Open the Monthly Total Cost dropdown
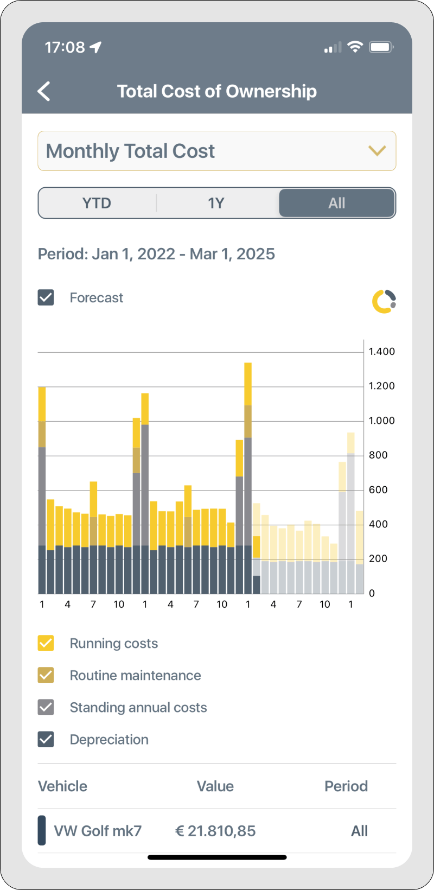(217, 151)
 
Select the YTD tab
(97, 203)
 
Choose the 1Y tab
(216, 203)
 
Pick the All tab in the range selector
(336, 203)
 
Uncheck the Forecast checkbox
(46, 297)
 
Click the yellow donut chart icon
(384, 301)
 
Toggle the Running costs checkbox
(46, 643)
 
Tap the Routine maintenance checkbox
(46, 675)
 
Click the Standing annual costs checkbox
(46, 707)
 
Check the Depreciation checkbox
(46, 739)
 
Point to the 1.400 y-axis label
(382, 352)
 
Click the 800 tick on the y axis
(378, 455)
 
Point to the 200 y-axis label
(378, 558)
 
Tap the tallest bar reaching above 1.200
(248, 478)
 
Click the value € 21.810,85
(215, 831)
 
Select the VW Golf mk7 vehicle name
(98, 831)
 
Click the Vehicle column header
(62, 786)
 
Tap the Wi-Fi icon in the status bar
(355, 47)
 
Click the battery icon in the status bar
(381, 47)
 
